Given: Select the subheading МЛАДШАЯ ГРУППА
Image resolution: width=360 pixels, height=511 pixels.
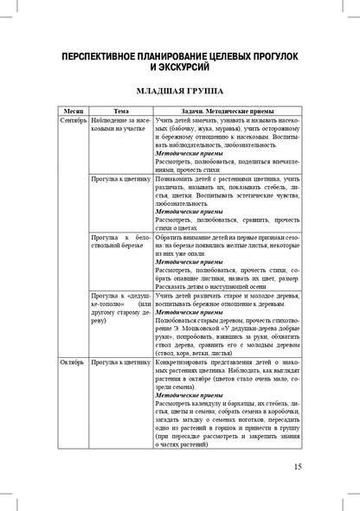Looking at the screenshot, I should pos(180,89).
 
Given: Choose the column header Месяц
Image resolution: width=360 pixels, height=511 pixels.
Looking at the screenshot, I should pos(71,111).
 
